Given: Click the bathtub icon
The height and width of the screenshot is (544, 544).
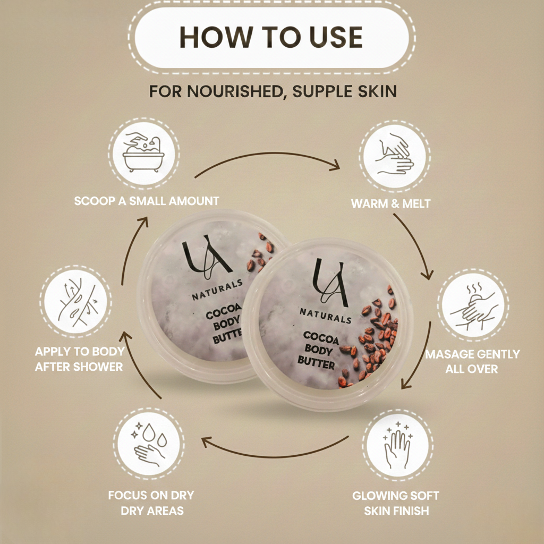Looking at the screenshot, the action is click(143, 154).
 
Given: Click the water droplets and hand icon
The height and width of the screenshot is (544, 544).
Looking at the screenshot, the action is click(149, 444).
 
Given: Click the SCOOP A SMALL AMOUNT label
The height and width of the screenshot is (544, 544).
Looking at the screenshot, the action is click(147, 201).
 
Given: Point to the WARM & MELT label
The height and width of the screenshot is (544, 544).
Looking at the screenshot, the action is click(390, 203).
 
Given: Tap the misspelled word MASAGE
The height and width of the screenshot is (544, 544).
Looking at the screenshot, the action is click(446, 354).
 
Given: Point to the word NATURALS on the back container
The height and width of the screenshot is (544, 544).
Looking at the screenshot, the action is click(217, 290).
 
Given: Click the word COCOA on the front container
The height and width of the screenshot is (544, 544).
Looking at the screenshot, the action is click(321, 337).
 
